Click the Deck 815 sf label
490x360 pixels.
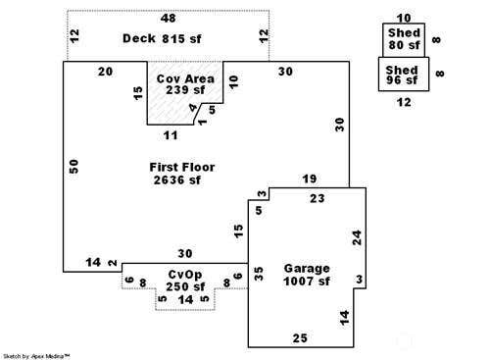(162, 38)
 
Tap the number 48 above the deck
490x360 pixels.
(168, 19)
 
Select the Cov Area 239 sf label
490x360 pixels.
(185, 84)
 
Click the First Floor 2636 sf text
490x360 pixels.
(182, 174)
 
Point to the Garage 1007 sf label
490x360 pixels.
(307, 275)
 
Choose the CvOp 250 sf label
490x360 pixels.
(185, 281)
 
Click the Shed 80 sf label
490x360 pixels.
(404, 39)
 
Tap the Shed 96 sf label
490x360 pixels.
(402, 75)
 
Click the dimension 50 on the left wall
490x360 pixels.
(74, 166)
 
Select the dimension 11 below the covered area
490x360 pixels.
(171, 135)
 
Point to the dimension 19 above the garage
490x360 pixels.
(310, 179)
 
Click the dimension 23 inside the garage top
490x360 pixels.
(318, 198)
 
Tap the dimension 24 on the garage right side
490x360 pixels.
(358, 237)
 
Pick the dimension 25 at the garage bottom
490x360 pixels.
(300, 338)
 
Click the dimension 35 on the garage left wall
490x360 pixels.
(258, 274)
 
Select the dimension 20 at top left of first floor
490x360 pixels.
(105, 72)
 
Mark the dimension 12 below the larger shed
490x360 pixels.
(404, 102)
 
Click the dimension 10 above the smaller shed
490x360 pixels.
(404, 18)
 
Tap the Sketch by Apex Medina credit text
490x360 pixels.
(36, 356)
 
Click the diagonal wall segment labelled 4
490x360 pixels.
(197, 114)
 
